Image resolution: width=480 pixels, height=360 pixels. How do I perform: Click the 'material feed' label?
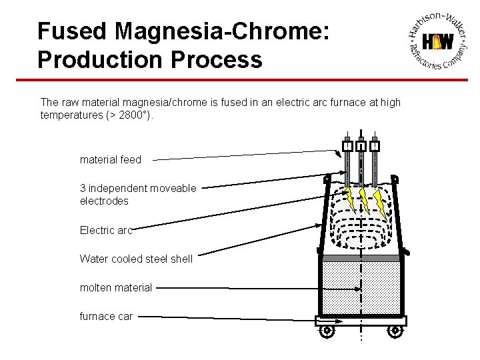[x=111, y=159]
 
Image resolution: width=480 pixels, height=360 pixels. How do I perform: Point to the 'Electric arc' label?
[x=106, y=231]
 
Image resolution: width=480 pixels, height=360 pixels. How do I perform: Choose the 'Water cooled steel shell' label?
[x=136, y=259]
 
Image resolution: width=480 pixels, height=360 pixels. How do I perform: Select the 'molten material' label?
[x=116, y=287]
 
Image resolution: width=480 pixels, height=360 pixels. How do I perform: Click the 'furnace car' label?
[x=106, y=316]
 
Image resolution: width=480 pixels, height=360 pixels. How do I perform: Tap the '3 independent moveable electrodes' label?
[x=138, y=194]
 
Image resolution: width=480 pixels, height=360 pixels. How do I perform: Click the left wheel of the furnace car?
[x=327, y=330]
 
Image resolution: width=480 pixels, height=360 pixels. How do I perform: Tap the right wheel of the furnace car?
[x=395, y=330]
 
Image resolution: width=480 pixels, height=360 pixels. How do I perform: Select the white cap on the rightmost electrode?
[x=375, y=146]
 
